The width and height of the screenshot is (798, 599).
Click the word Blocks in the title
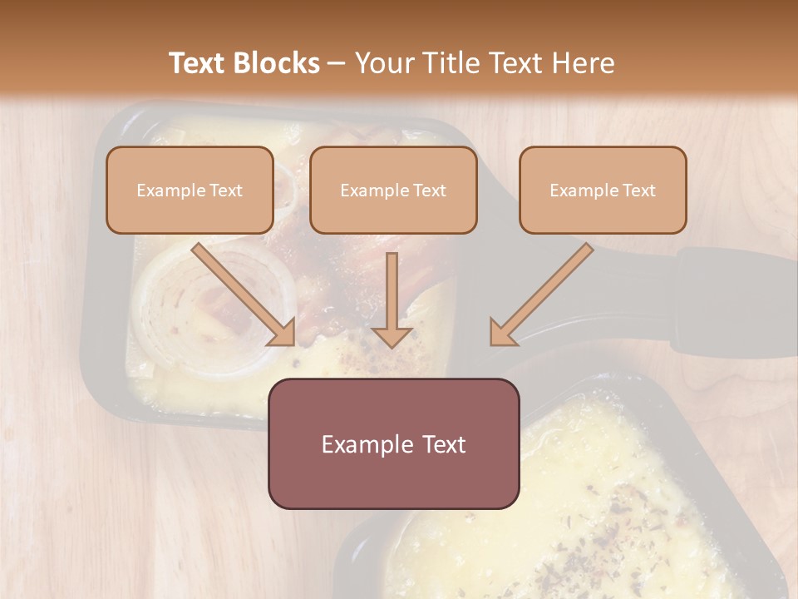tap(275, 63)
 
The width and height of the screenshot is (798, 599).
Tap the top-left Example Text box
tap(190, 190)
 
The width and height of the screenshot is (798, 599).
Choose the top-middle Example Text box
tap(393, 190)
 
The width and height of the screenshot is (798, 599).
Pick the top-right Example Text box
tap(603, 190)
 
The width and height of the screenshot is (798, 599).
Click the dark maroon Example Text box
tap(393, 443)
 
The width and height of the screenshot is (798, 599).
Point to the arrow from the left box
tap(241, 291)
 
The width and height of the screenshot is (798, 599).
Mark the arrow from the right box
tap(544, 291)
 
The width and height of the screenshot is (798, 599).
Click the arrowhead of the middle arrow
tap(392, 336)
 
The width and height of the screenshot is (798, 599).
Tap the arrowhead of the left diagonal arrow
tap(283, 334)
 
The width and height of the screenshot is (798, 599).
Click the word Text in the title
tap(199, 63)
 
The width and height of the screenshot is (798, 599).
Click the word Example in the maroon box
tap(360, 444)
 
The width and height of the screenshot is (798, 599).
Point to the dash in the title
tap(337, 63)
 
